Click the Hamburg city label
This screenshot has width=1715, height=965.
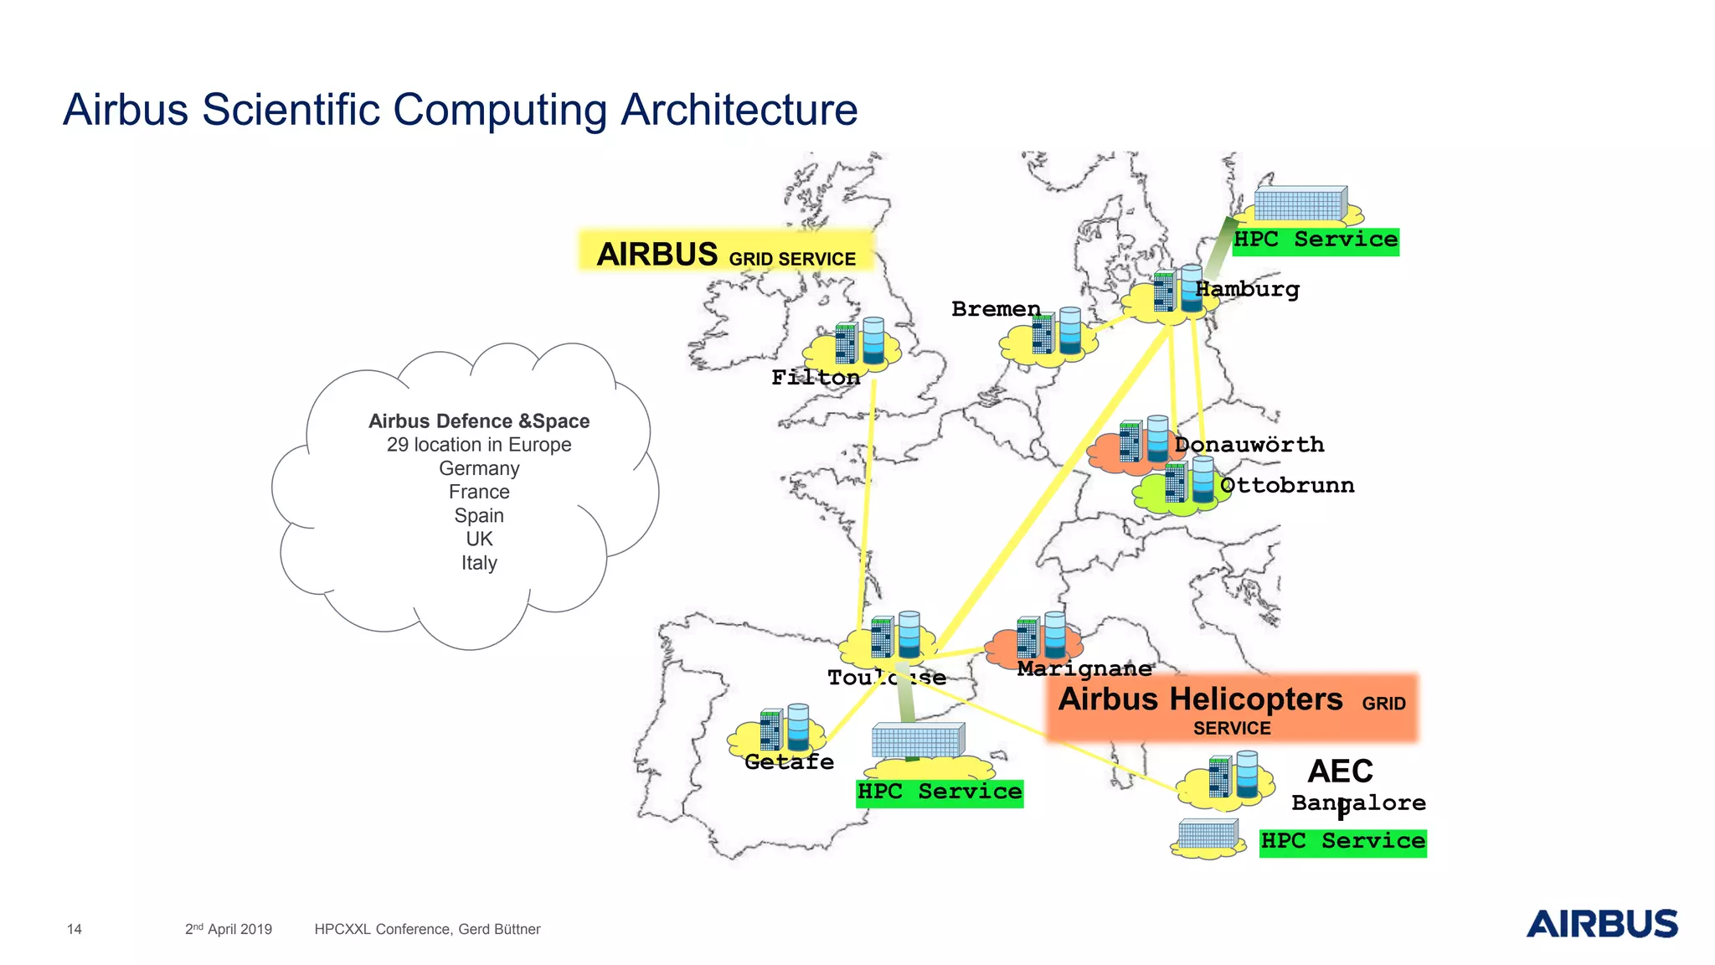(1247, 290)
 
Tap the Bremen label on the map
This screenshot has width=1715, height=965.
(996, 309)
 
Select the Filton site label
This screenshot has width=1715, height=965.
(816, 378)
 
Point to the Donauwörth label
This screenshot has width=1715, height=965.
(1249, 445)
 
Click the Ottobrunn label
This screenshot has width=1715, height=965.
(1286, 485)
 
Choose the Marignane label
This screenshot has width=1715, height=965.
(1084, 668)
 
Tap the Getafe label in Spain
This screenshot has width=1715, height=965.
(789, 761)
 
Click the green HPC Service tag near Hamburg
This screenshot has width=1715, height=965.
(1315, 240)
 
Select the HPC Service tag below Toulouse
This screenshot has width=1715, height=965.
(939, 792)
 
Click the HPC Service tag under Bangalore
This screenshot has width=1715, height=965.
(1342, 841)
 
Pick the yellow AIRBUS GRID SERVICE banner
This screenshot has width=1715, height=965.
(726, 252)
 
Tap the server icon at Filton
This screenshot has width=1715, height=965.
(860, 343)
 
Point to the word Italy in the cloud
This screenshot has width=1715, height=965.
(479, 563)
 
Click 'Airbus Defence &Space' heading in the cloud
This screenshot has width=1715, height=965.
(479, 421)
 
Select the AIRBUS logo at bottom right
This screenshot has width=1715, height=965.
(1601, 923)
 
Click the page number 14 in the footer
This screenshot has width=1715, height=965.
(75, 929)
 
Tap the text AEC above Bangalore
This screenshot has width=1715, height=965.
(1340, 771)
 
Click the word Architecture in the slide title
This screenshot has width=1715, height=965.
(739, 110)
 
